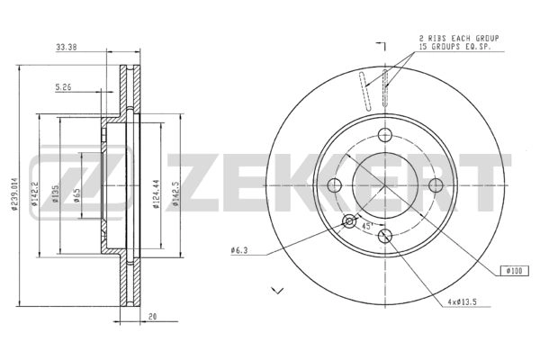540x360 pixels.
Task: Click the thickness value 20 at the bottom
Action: click(154, 317)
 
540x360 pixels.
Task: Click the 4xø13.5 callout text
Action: click(464, 301)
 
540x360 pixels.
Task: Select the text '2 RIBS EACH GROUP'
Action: click(459, 38)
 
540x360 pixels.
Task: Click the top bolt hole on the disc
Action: click(386, 135)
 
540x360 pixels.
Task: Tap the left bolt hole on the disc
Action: click(336, 185)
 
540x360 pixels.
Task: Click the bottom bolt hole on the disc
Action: click(386, 237)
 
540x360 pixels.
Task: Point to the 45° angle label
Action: click(367, 227)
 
